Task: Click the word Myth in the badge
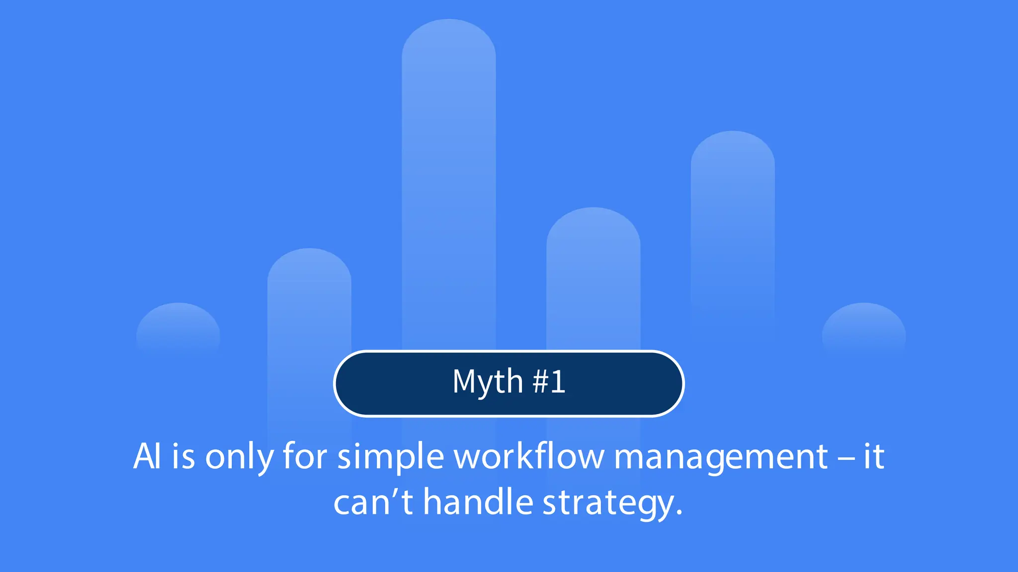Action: tap(487, 382)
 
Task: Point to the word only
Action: tap(239, 457)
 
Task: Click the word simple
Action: tap(391, 457)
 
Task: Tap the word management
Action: tap(721, 457)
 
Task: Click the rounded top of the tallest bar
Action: tap(449, 40)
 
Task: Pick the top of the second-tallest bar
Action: tap(733, 149)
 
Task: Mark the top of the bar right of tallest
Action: tap(593, 226)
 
